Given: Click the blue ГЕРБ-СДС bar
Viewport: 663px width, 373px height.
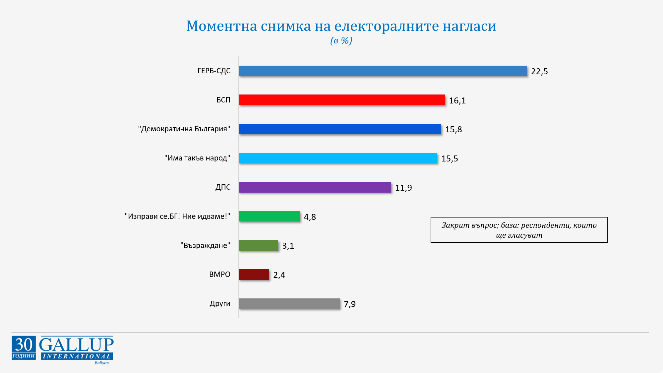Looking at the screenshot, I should (x=383, y=71).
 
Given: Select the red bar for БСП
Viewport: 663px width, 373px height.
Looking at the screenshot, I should (x=341, y=100).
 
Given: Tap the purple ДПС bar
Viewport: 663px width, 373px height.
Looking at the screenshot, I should (x=315, y=187).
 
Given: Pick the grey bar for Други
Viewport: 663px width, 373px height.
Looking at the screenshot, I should (x=289, y=304).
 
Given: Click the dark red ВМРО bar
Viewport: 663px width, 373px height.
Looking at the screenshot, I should (x=254, y=275).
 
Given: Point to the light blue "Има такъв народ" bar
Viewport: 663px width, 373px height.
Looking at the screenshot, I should (x=338, y=158).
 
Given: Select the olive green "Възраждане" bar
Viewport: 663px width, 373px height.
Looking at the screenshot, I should (x=258, y=245).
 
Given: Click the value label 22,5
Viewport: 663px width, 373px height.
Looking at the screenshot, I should (x=539, y=72).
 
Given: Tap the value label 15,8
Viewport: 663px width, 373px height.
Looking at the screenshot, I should (x=453, y=130).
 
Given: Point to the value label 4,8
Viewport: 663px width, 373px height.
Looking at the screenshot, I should (x=310, y=217).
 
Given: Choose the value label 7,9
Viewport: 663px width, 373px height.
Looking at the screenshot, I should (x=349, y=304).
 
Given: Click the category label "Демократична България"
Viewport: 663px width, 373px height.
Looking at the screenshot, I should (x=184, y=129).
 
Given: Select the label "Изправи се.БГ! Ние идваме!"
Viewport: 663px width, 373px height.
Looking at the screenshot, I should (x=177, y=217).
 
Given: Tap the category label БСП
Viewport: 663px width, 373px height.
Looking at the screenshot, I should (x=223, y=100).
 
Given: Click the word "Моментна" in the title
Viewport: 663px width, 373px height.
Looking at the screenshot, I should (x=221, y=26).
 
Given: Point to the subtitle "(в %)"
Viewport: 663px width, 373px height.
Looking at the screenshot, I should (x=341, y=41).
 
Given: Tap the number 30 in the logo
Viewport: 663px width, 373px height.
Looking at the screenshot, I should (x=24, y=345).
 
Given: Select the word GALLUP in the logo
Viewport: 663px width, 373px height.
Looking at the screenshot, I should (x=77, y=344).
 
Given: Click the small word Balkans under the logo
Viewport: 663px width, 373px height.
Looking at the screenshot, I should (x=102, y=363).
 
